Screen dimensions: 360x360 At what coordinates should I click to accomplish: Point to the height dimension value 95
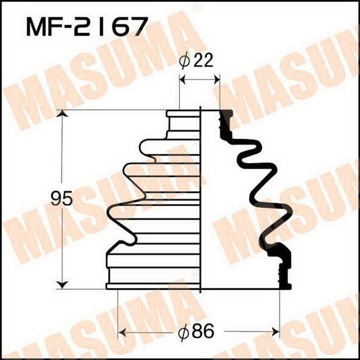(x=61, y=198)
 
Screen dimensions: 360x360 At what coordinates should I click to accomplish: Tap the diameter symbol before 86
(x=182, y=333)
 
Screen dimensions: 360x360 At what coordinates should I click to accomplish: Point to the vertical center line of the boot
(x=200, y=198)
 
